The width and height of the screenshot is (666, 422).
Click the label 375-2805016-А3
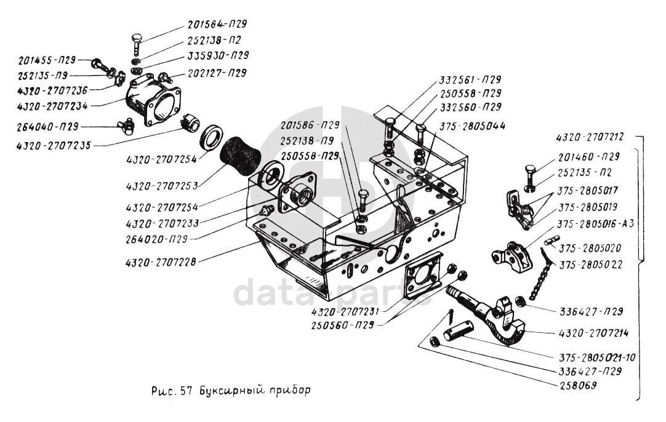[595, 223]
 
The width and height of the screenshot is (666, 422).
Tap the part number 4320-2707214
[593, 333]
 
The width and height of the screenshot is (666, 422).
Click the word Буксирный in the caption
[227, 389]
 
